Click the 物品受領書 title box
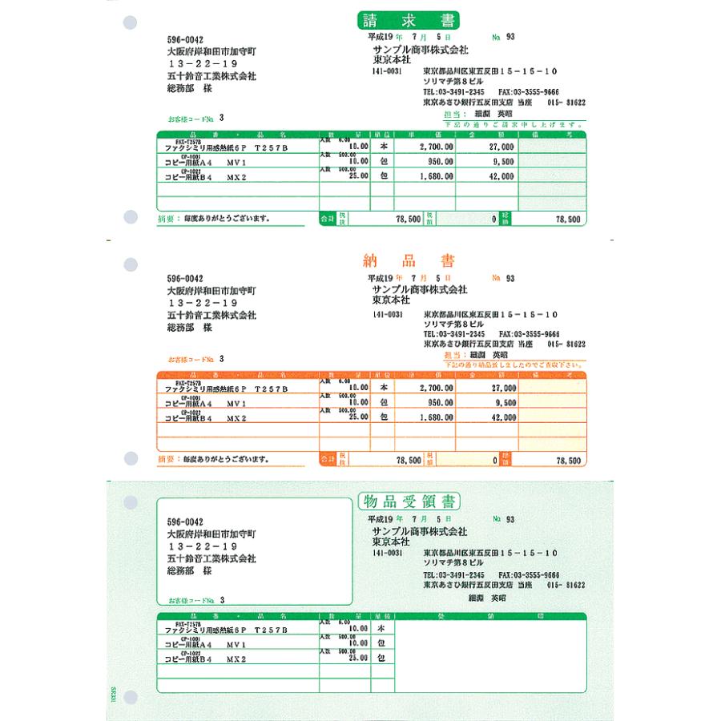point(409,502)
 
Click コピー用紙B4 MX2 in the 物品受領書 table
point(206,659)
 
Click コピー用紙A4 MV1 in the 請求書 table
point(205,163)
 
